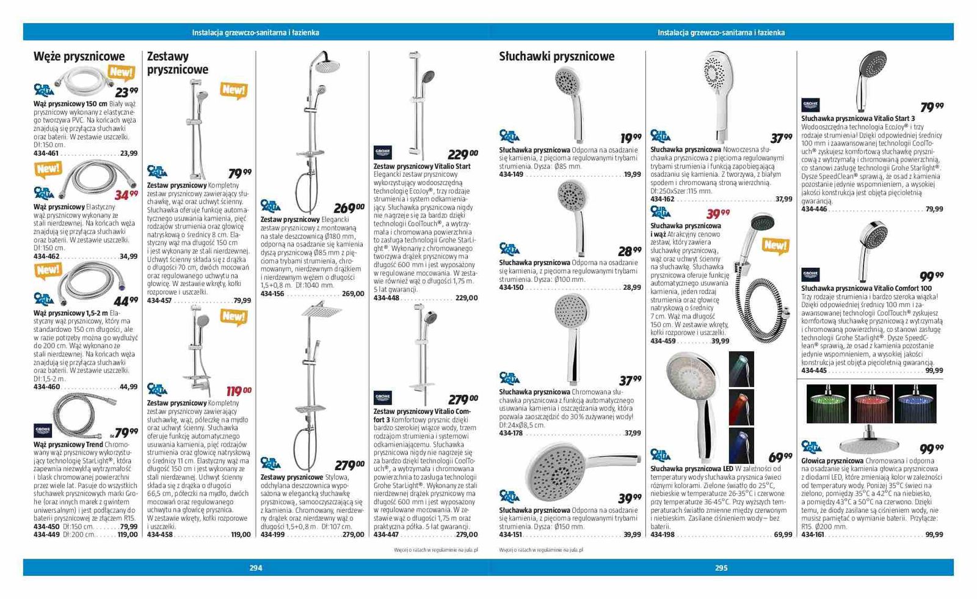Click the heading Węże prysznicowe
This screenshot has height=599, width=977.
click(x=79, y=57)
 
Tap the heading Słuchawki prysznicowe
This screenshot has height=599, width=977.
click(x=556, y=57)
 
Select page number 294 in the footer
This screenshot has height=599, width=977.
click(x=256, y=568)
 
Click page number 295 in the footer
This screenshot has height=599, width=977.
click(x=721, y=568)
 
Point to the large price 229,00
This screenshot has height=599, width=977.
click(x=462, y=155)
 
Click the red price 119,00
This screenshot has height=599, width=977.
click(x=238, y=391)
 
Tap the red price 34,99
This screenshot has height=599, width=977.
click(x=126, y=195)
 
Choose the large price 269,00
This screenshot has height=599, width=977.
click(x=349, y=208)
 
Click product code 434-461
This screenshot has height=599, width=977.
click(x=46, y=153)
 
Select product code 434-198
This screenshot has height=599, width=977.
click(x=663, y=535)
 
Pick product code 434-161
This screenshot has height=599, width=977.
click(x=813, y=535)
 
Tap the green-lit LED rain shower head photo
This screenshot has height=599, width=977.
click(x=827, y=403)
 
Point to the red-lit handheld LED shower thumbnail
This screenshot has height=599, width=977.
click(x=741, y=407)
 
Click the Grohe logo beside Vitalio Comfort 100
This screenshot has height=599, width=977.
click(x=810, y=274)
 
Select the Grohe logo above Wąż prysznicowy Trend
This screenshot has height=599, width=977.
click(x=43, y=430)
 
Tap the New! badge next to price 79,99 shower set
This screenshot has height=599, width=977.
click(x=233, y=90)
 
